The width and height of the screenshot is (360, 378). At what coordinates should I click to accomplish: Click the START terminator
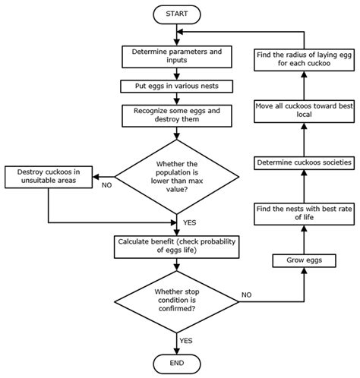pyautogui.click(x=177, y=13)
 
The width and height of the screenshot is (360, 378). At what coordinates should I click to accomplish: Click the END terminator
pyautogui.click(x=177, y=362)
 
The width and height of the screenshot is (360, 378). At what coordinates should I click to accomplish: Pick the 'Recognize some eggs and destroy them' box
pyautogui.click(x=177, y=115)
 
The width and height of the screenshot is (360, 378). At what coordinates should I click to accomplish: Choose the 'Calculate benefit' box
pyautogui.click(x=177, y=246)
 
